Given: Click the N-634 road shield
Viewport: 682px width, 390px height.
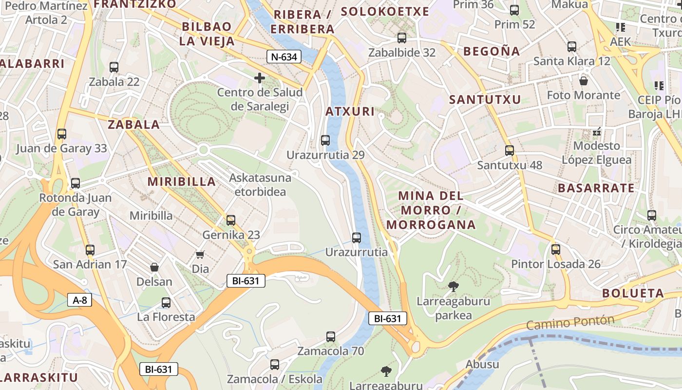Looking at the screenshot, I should click(284, 57).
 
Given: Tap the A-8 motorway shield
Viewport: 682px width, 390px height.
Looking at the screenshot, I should click(79, 300).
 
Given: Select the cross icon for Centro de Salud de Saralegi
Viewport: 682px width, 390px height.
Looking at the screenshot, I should click(260, 78).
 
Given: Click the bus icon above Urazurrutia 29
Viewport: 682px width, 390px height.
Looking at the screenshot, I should click(325, 140).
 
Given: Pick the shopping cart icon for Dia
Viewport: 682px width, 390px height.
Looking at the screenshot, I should click(200, 254).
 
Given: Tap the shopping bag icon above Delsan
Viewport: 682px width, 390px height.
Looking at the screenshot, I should click(154, 267).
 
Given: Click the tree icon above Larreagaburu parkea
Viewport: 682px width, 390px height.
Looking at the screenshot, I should click(454, 287).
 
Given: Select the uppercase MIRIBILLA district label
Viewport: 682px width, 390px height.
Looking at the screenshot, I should click(182, 182).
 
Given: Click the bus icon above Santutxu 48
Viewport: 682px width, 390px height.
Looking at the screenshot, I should click(510, 151).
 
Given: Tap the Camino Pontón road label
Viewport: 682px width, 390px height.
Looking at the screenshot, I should click(570, 322).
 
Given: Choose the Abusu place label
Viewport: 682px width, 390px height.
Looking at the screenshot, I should click(482, 364).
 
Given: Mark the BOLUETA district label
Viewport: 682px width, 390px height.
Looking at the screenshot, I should click(633, 293).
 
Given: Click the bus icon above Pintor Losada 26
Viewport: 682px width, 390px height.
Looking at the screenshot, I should click(556, 250).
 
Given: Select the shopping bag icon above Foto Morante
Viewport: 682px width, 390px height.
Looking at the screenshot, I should click(583, 80).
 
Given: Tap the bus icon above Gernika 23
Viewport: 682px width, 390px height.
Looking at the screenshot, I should click(231, 220).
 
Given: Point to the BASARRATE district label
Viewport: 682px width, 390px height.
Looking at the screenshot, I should click(596, 188).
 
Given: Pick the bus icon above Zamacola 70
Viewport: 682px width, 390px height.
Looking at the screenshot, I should click(331, 336).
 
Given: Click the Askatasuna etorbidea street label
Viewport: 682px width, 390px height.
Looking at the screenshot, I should click(260, 184).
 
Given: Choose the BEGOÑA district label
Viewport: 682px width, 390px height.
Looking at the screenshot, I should click(492, 51).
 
